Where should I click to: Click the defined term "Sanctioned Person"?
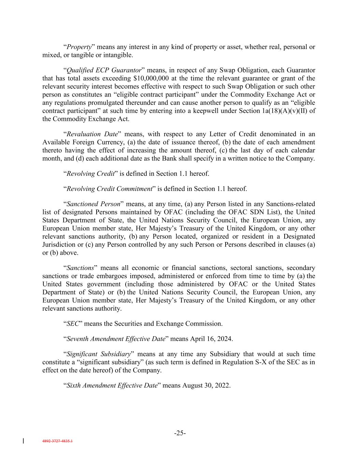pyautogui.click(x=93, y=204)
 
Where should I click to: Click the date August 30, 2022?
pyautogui.click(x=206, y=385)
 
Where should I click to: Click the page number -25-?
pyautogui.click(x=180, y=433)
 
